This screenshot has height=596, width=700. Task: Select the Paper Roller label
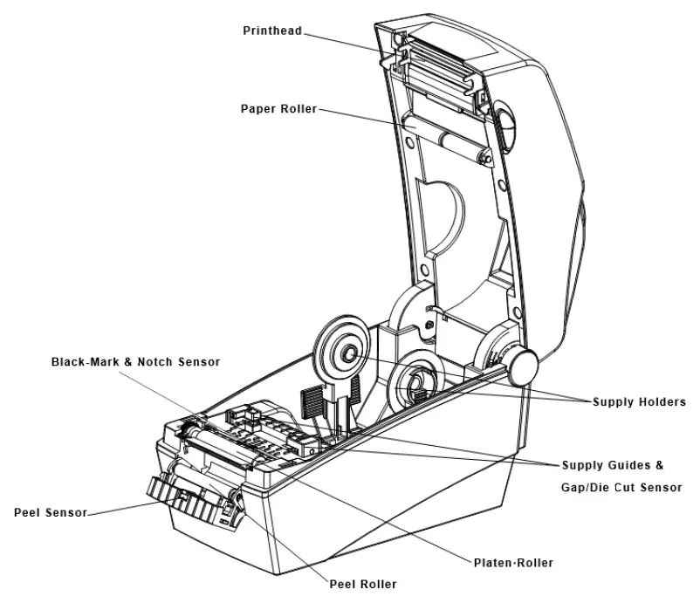278,109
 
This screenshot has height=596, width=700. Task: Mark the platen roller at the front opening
218,453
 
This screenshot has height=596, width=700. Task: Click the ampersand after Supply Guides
661,464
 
